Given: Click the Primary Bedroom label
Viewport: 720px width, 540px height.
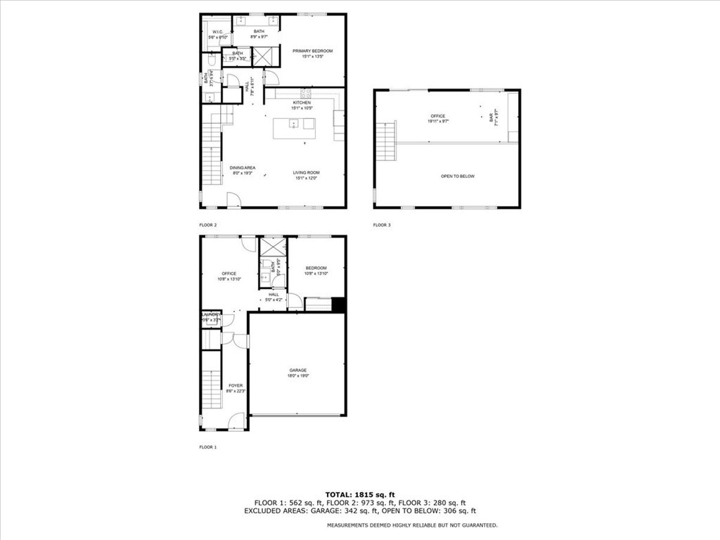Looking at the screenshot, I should click(312, 51).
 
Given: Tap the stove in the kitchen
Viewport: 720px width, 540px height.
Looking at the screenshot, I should click(306, 94).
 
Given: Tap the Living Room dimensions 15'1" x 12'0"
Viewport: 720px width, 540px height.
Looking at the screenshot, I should click(307, 179).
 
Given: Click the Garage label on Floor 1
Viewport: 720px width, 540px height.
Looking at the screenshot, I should click(297, 370).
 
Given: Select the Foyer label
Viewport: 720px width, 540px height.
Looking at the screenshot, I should click(235, 386).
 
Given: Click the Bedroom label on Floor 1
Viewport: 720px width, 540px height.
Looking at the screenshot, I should click(316, 268).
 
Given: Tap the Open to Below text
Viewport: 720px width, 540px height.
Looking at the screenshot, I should click(457, 176).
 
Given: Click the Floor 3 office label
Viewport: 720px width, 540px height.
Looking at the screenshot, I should click(438, 116).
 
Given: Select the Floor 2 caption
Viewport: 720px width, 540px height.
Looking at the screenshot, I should click(208, 225).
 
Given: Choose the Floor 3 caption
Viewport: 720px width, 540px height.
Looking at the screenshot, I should click(382, 225).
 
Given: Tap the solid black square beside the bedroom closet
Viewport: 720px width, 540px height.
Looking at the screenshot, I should click(338, 304).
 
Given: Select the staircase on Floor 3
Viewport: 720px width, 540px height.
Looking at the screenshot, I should click(386, 141).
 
